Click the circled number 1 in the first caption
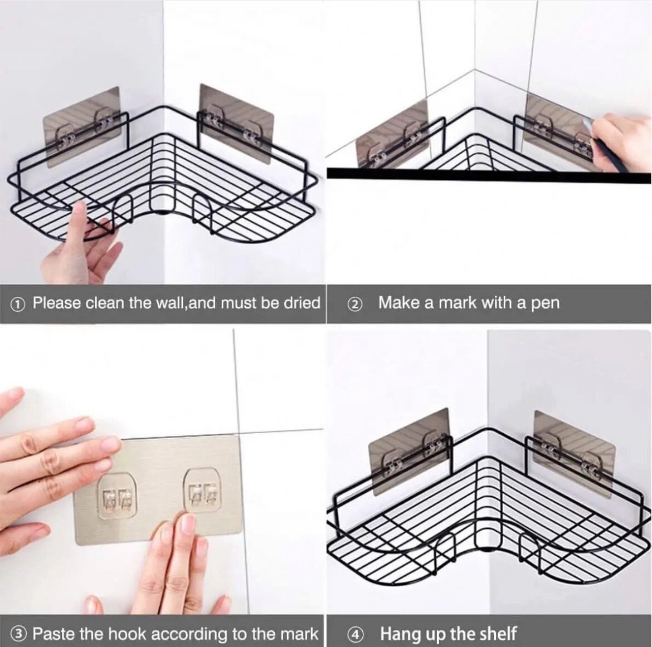[x=18, y=304]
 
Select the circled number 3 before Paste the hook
[x=20, y=633]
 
